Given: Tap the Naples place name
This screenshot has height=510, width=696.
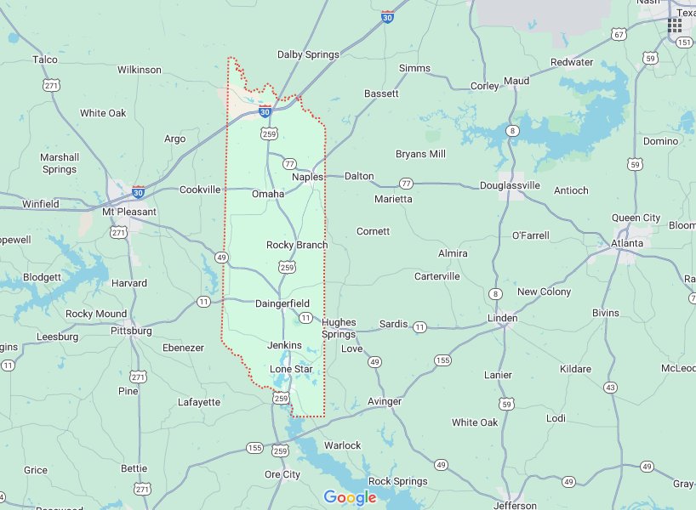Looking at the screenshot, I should click(x=307, y=177).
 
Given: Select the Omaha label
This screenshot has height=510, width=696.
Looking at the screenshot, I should click(x=268, y=194).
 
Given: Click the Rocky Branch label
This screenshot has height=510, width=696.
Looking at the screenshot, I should click(x=297, y=245).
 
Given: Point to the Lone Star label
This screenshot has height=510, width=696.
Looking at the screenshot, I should click(x=291, y=370).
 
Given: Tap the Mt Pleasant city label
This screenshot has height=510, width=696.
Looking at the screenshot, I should click(x=129, y=212).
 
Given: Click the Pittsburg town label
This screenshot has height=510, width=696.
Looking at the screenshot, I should click(x=131, y=330).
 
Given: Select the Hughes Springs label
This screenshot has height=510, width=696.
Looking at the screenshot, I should click(x=339, y=328).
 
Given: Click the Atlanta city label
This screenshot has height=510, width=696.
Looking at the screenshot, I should click(x=627, y=243).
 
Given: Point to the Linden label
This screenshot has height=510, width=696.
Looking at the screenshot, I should click(x=502, y=318).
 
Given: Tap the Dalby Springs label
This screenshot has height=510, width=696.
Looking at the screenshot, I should click(x=308, y=54).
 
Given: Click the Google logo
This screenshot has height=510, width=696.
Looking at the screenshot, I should click(x=350, y=498).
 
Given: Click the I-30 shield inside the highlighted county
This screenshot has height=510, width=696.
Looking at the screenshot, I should click(x=265, y=111).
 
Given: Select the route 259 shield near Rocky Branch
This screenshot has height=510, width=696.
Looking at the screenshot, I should click(x=288, y=268).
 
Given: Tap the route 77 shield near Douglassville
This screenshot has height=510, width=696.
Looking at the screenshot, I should click(x=406, y=184).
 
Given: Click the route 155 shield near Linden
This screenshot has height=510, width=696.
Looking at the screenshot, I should click(x=442, y=360).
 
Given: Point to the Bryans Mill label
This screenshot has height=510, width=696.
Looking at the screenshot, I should click(x=420, y=154).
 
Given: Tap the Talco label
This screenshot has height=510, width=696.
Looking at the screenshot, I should click(x=44, y=59).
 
